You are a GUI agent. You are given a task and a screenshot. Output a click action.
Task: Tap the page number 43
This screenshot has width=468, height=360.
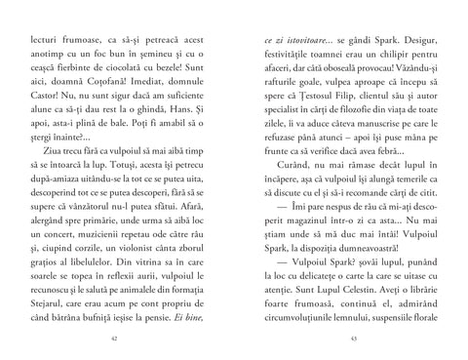click(353, 338)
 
